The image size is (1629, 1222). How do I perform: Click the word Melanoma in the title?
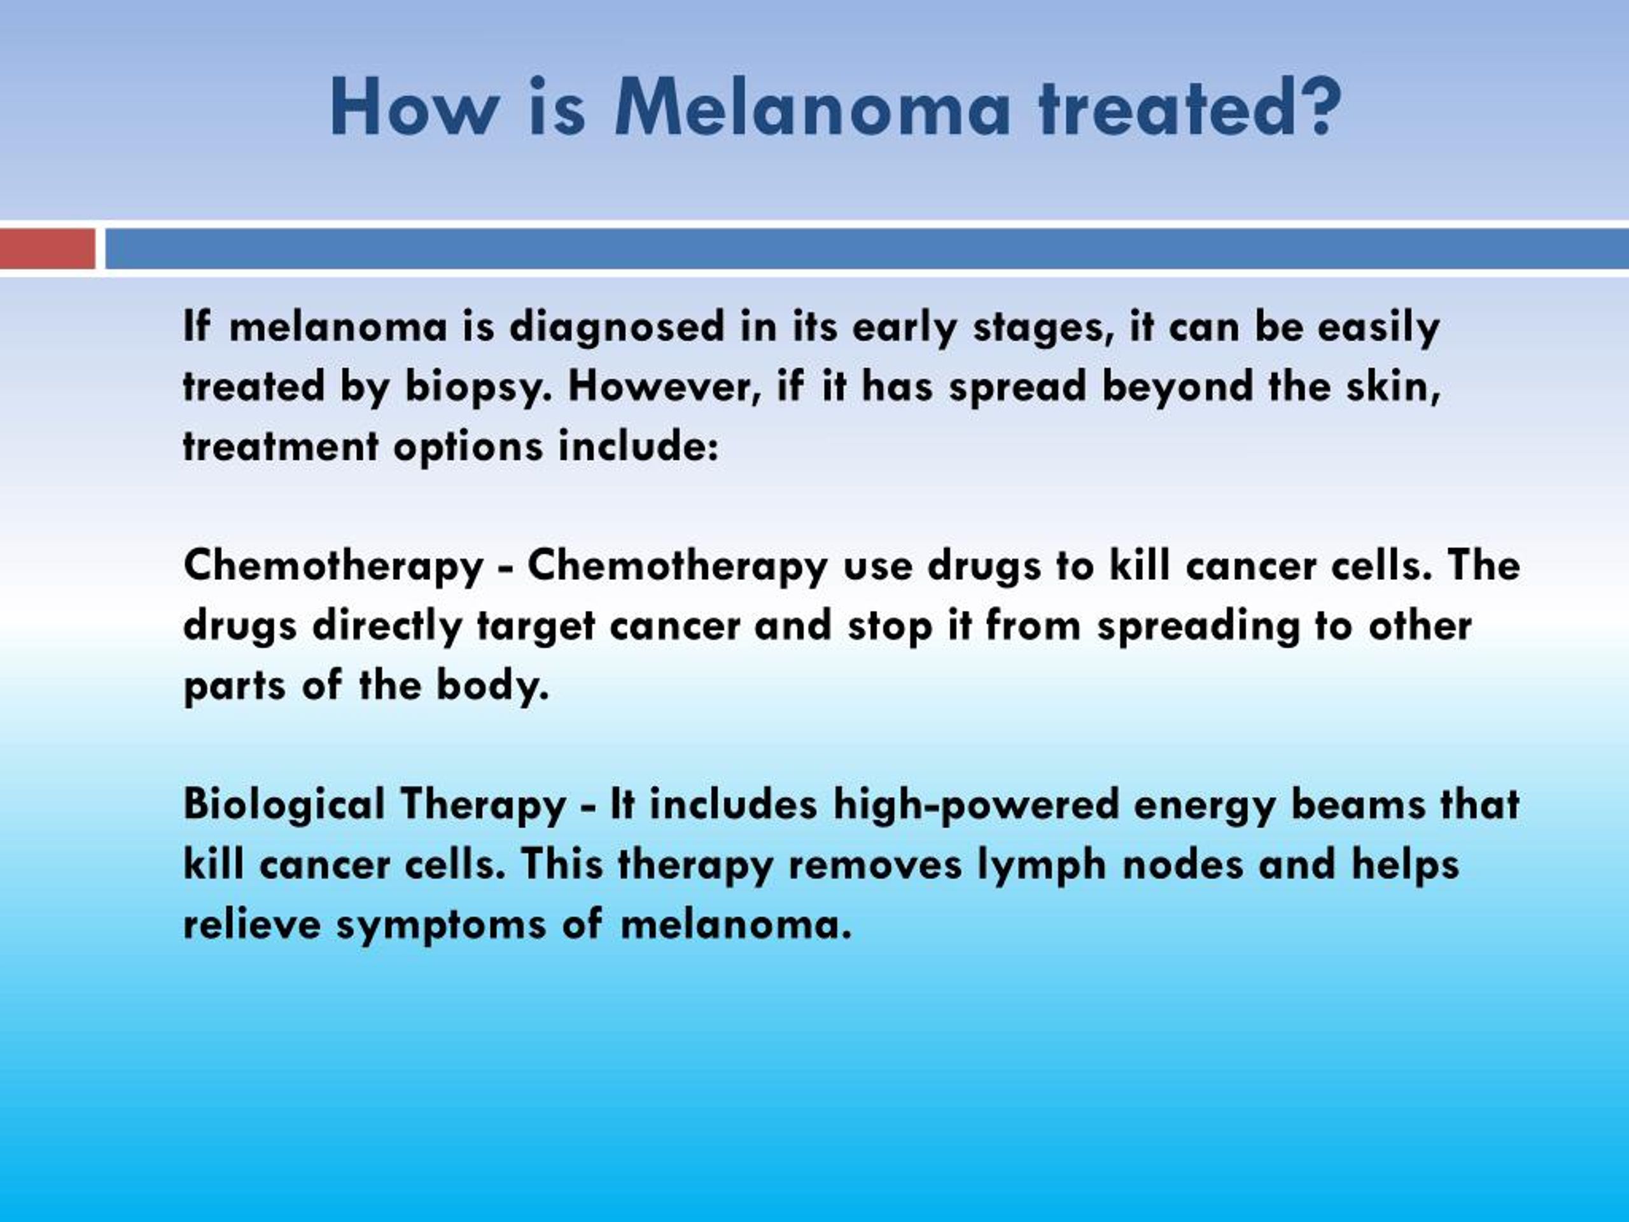point(813,108)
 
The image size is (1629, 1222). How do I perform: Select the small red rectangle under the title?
point(48,248)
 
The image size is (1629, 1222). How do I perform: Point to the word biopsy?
point(477,388)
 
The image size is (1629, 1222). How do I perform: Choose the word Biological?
point(284,805)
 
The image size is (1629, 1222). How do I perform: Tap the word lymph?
point(1041,866)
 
